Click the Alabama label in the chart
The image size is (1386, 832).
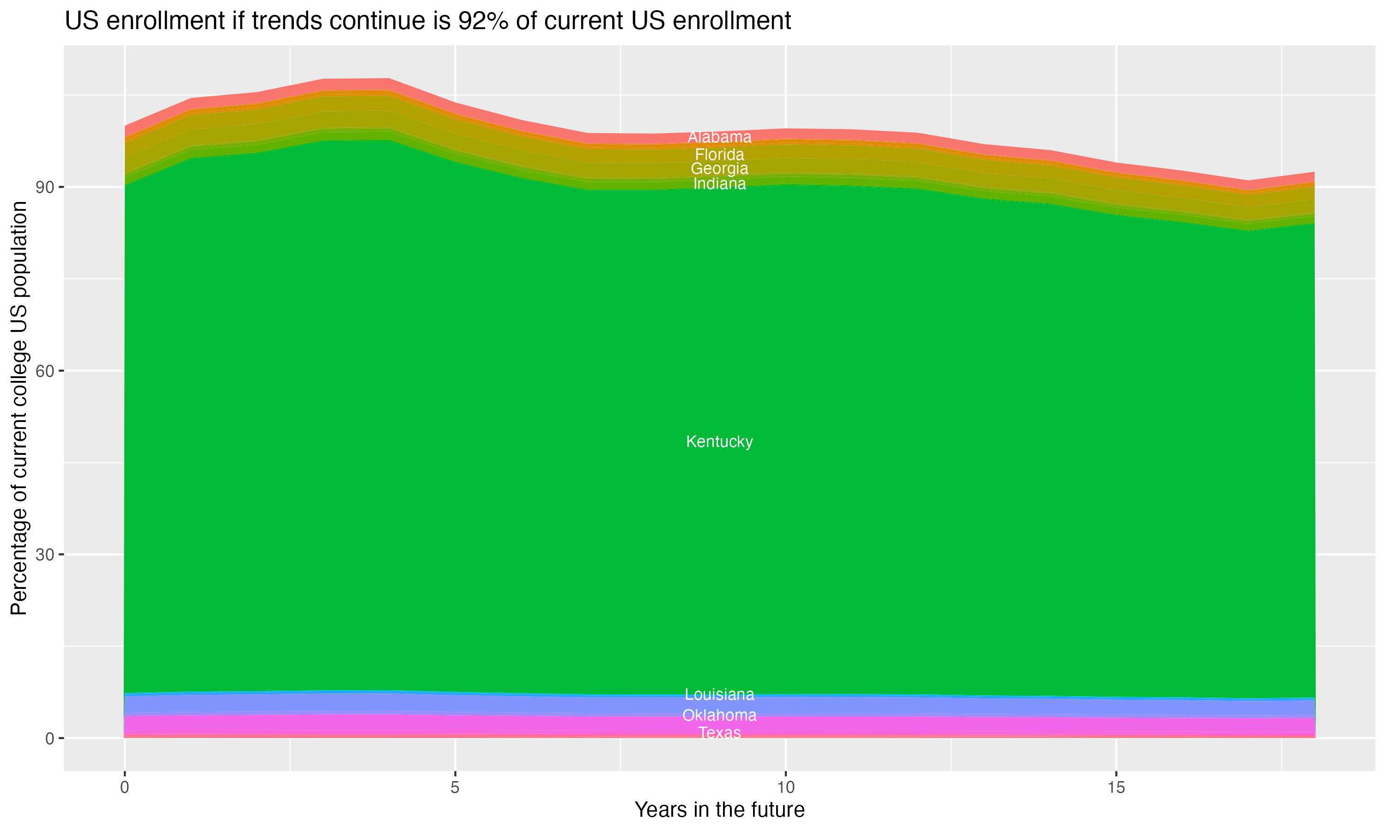point(719,137)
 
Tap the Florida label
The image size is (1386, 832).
point(719,155)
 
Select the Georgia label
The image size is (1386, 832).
point(719,169)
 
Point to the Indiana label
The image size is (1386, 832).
point(719,184)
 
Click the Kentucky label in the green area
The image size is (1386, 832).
point(719,442)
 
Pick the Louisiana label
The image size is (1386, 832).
point(719,695)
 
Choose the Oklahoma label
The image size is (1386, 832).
point(719,716)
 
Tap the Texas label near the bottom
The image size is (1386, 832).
point(719,733)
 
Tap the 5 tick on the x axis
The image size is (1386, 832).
point(455,788)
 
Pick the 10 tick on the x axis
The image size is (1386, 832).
point(785,788)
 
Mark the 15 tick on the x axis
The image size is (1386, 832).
point(1116,788)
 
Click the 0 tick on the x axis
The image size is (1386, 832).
point(124,788)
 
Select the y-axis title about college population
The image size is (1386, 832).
point(19,408)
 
